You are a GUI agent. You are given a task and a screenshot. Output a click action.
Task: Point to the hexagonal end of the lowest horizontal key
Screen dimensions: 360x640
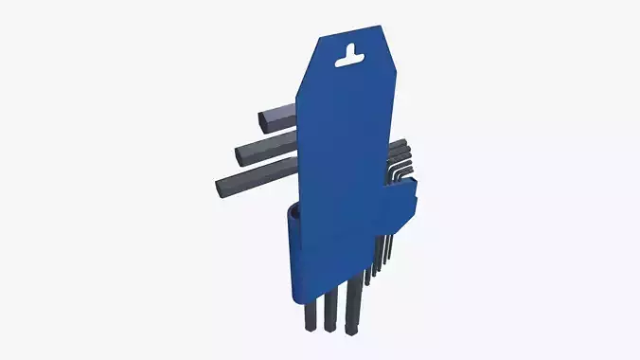click(223, 186)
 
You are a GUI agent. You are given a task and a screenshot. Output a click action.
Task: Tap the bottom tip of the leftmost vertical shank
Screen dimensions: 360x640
click(311, 324)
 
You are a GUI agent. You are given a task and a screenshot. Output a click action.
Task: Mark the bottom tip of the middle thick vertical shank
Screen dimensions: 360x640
click(330, 325)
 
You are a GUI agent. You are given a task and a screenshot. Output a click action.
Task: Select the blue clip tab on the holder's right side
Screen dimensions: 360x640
click(401, 208)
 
